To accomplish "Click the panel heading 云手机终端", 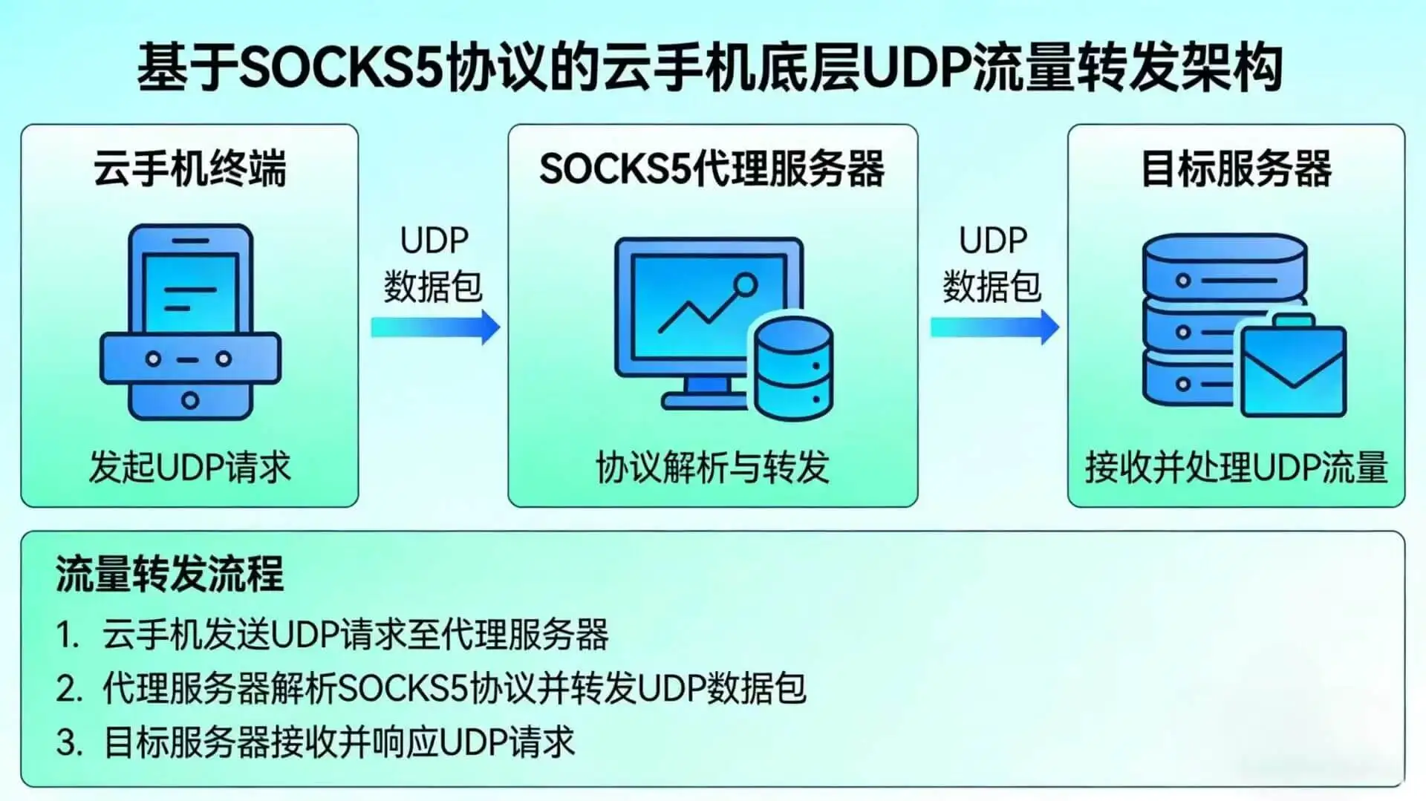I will tap(189, 169).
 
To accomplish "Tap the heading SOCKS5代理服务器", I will tap(712, 169).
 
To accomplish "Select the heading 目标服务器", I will tap(1236, 169).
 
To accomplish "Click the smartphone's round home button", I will tap(190, 401).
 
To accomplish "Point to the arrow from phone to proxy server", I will tap(435, 327).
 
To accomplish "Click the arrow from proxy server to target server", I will tap(994, 327).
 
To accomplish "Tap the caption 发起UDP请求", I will tap(189, 468).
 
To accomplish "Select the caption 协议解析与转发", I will tap(712, 468).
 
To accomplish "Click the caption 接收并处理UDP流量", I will tap(1236, 468).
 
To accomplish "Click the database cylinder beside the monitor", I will tap(793, 368).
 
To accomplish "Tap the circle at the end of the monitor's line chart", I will tap(745, 285).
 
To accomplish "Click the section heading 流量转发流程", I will tap(169, 574).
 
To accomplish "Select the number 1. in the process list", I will tap(68, 635).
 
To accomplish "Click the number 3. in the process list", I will tap(68, 742).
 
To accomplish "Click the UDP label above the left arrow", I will tap(434, 241).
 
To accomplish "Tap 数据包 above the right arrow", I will tap(992, 287).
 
